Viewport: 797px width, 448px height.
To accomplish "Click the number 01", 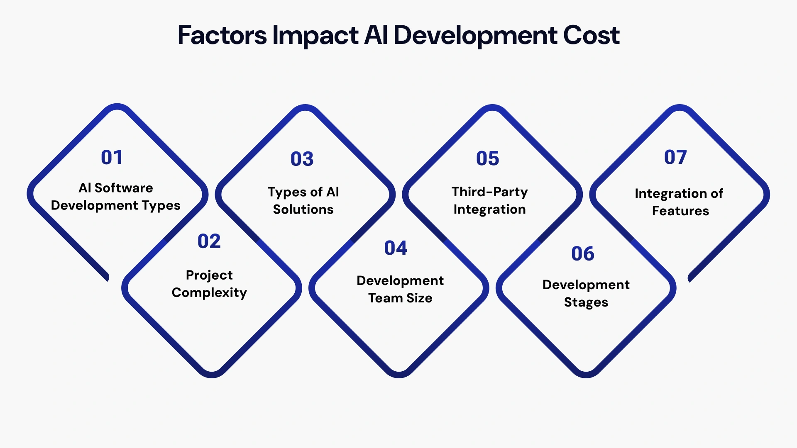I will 112,158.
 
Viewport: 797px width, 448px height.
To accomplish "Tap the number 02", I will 209,241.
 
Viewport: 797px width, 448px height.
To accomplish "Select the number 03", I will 302,159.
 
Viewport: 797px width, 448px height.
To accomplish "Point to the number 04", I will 396,248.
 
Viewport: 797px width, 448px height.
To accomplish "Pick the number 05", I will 487,159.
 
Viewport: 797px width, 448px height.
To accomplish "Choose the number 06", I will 582,254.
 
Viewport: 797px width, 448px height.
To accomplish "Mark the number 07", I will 675,158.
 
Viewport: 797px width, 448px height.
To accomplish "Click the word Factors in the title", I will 222,35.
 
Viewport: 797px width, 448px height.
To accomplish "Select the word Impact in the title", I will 315,36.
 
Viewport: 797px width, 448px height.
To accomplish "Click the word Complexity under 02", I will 209,293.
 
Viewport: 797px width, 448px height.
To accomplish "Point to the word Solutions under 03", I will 303,209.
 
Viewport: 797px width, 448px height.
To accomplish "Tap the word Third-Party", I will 489,192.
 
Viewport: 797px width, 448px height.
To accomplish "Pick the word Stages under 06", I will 586,302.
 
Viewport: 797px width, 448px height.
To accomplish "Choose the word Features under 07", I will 680,211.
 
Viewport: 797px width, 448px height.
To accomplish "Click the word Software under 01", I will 124,188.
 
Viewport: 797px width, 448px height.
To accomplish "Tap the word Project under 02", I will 209,275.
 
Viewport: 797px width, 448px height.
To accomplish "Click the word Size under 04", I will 419,298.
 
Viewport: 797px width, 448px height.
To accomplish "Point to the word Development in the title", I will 474,36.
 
